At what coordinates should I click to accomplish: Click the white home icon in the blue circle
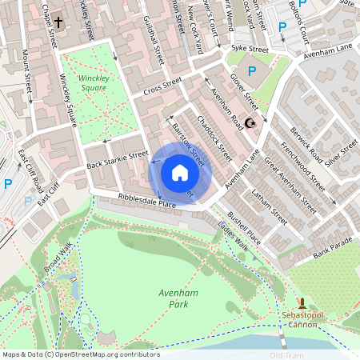tap(180, 173)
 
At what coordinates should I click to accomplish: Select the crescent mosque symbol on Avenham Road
tap(250, 123)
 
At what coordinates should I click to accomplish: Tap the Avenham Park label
tap(172, 299)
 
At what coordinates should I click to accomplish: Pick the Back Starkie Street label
tap(117, 159)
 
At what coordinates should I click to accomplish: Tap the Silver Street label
tap(342, 150)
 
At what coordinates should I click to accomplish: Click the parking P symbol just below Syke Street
tap(253, 72)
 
